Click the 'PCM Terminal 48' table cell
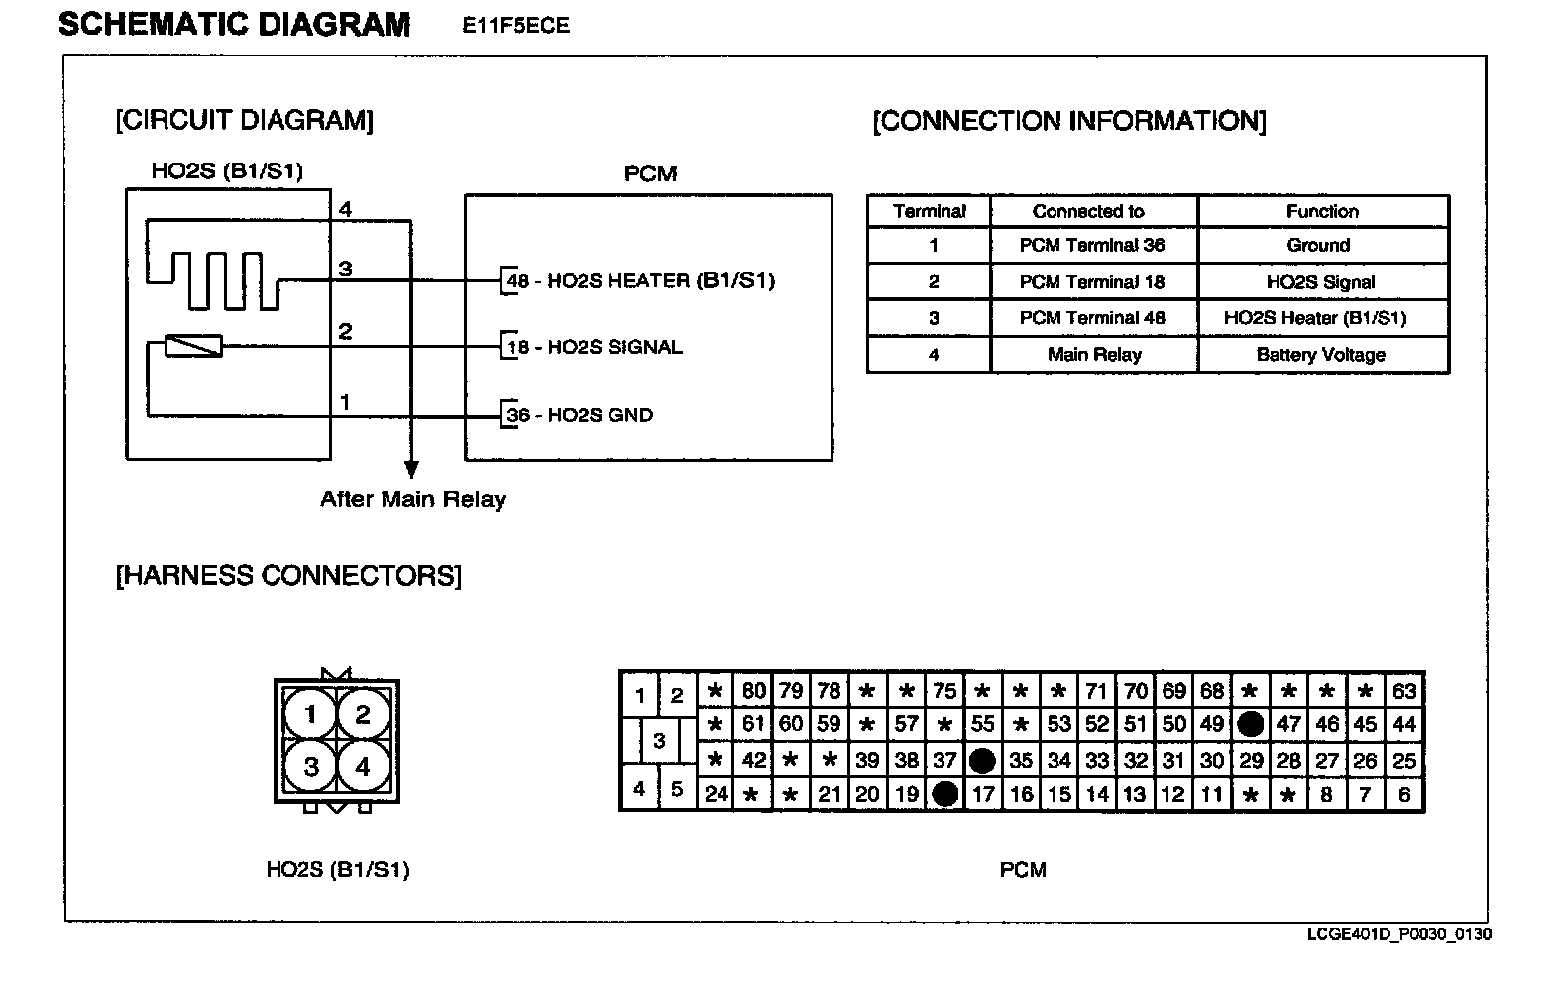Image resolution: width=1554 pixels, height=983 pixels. click(x=1092, y=318)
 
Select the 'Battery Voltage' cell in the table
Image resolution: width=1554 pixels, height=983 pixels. click(x=1321, y=355)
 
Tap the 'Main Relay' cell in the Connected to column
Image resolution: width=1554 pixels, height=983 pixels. click(x=1094, y=355)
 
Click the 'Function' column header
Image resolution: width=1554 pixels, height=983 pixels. click(x=1322, y=211)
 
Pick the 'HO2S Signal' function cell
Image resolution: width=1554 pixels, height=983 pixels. click(x=1321, y=282)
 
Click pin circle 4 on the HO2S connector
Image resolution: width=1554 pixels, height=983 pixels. click(x=362, y=766)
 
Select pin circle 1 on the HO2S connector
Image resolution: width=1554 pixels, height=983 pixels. click(x=311, y=714)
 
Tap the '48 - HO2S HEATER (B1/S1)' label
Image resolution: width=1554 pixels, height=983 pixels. click(x=641, y=281)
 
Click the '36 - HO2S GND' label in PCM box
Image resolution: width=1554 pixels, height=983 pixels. click(x=581, y=415)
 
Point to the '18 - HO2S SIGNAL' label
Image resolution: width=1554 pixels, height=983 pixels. click(x=595, y=348)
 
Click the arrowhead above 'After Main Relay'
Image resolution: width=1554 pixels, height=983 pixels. click(x=411, y=470)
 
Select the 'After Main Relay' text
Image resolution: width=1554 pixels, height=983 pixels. click(x=413, y=499)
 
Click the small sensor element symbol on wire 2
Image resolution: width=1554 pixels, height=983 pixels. click(x=193, y=346)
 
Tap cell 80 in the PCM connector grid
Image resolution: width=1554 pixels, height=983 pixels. click(x=753, y=691)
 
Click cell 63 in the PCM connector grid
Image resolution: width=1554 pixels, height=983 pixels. click(x=1404, y=691)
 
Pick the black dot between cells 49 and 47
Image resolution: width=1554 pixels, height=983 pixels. click(x=1251, y=724)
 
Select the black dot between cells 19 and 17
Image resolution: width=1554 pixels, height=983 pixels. click(x=945, y=794)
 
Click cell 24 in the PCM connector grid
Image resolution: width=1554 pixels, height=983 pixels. click(x=717, y=794)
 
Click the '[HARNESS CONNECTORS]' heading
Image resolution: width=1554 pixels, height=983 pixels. click(x=288, y=576)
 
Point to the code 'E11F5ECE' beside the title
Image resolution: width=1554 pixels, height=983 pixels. click(x=515, y=27)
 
